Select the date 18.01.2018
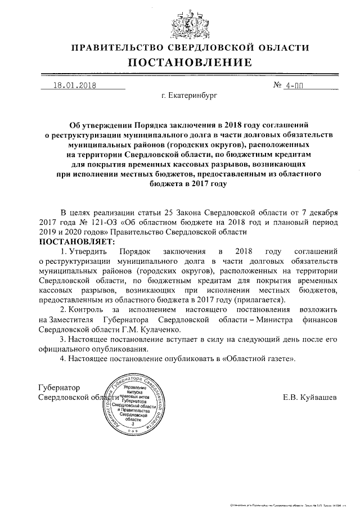[x=75, y=86]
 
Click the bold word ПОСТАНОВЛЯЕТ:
[x=76, y=241]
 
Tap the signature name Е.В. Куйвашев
[x=310, y=398]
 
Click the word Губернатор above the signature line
[x=58, y=388]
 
